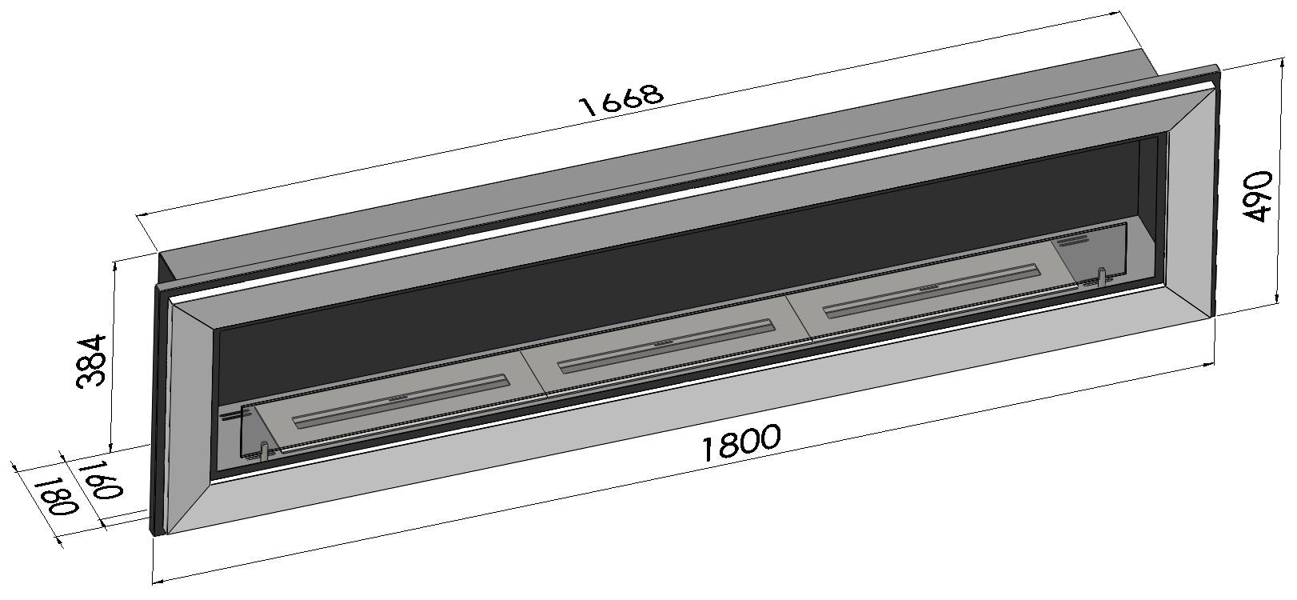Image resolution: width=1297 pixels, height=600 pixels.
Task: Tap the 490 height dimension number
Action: click(1258, 196)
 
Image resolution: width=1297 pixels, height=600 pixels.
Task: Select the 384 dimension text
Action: click(92, 361)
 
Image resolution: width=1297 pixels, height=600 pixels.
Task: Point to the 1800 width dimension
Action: click(740, 443)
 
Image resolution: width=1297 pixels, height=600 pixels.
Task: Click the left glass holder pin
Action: click(262, 450)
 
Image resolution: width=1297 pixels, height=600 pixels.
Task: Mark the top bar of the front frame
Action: click(680, 200)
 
